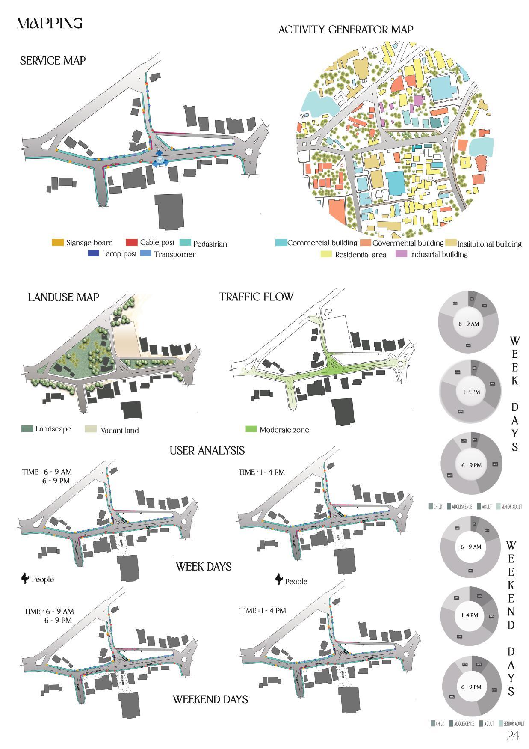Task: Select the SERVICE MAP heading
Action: (x=53, y=61)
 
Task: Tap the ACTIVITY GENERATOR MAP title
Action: (x=346, y=30)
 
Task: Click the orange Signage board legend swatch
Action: (x=58, y=243)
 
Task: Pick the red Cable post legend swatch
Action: (x=132, y=243)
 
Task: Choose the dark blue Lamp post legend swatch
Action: (x=93, y=253)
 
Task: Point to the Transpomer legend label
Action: (x=174, y=254)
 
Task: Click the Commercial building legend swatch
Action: (x=281, y=243)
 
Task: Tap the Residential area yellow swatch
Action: (x=326, y=255)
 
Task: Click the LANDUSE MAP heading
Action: (x=63, y=297)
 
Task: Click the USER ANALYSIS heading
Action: (x=207, y=450)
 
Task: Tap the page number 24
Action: (x=513, y=736)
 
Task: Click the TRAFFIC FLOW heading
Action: (x=256, y=297)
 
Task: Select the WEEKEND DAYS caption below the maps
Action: (x=210, y=699)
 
